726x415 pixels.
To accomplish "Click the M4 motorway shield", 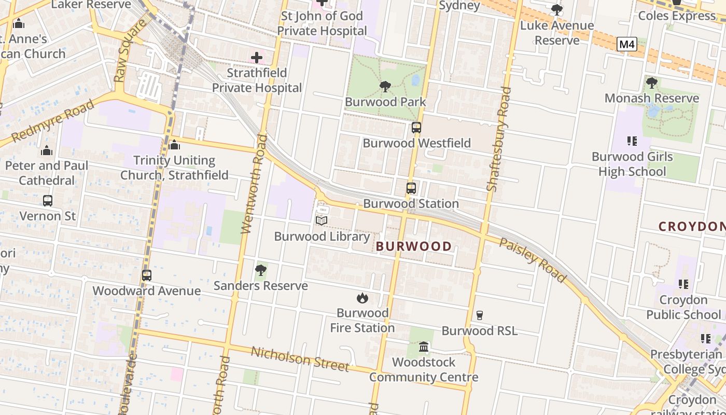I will (627, 45).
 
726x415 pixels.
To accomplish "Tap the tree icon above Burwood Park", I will (385, 86).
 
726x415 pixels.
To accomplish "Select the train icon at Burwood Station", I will (411, 188).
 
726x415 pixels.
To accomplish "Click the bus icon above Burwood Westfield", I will (416, 128).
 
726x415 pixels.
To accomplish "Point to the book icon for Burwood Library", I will (322, 221).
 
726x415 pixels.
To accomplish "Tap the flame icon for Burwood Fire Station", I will (362, 298).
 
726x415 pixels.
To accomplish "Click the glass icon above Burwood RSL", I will (479, 315).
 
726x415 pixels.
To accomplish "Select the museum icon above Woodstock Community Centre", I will (424, 347).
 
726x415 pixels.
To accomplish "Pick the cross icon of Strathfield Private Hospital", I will (257, 58).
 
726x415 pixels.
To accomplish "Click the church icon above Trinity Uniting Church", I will (174, 145).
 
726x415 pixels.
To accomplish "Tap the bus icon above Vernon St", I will (48, 200).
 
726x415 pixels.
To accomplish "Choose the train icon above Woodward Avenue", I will (147, 275).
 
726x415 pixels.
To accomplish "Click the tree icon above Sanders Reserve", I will (261, 270).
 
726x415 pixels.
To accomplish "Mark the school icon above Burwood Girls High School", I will (632, 141).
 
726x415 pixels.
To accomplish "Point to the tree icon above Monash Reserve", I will (652, 82).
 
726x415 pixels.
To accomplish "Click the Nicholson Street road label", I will (300, 359).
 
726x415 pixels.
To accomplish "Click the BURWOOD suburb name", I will (414, 246).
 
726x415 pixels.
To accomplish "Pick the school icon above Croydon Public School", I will (683, 284).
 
